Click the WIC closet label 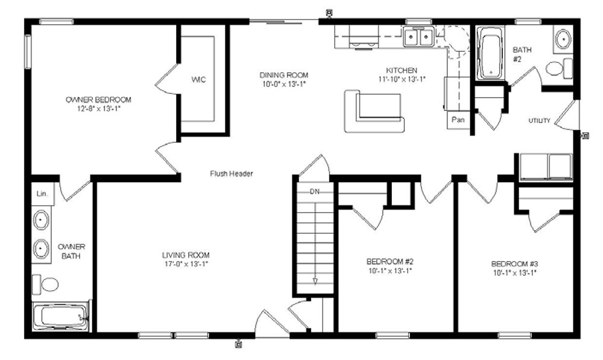point(198,80)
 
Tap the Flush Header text point(232,174)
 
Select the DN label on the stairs point(315,192)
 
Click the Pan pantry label point(458,119)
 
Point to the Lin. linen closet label point(42,194)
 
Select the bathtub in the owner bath point(61,317)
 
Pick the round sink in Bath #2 point(563,39)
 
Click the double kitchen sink point(419,37)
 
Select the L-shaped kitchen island point(374,112)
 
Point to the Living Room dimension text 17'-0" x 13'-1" point(185,264)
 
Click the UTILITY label point(539,121)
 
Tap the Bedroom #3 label point(514,264)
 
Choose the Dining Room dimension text point(284,84)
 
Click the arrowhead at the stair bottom point(315,281)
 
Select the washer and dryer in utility point(546,167)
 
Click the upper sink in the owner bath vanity point(41,220)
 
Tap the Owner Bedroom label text point(98,99)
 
